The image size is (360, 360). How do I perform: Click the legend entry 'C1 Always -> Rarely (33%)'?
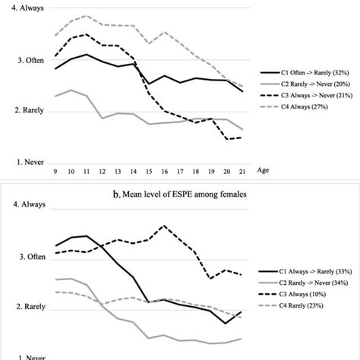pos(312,271)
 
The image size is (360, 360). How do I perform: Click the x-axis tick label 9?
pos(55,170)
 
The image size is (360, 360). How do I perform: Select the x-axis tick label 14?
pos(134,170)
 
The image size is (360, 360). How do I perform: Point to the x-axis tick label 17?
pos(181,170)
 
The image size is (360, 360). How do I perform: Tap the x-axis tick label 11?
pos(87,170)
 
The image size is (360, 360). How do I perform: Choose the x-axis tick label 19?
pos(212,170)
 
